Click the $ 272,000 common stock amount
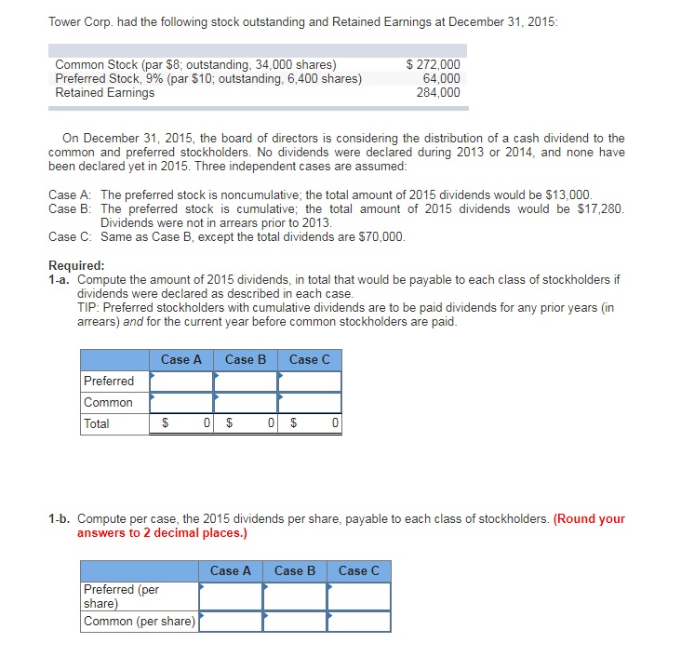434,64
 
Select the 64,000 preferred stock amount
441,78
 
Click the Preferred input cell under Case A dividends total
180,382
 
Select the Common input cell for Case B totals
245,403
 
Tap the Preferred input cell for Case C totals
309,382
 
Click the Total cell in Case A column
180,424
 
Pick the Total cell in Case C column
309,424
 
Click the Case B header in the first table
245,359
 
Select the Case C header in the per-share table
358,570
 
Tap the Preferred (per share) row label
122,596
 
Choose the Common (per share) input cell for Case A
231,622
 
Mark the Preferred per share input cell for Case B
295,596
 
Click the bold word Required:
76,264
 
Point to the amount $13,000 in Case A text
567,194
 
